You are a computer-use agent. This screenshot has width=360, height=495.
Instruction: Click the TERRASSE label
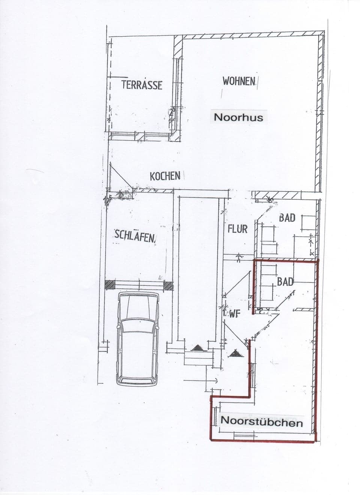pos(142,85)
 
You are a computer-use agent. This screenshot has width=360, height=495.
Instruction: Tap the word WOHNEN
pos(239,81)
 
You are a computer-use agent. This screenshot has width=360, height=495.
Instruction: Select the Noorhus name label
pos(238,117)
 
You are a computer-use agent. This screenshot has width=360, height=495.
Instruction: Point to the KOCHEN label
pos(165,176)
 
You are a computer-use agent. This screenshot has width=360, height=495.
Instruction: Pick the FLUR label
pos(237,229)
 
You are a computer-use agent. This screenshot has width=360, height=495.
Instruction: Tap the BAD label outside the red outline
pos(287,218)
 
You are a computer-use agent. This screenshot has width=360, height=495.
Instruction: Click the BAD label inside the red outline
pos(285,281)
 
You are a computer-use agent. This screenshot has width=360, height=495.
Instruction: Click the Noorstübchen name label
pos(262,422)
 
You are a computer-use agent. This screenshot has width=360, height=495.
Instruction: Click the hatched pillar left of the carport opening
pos(109,285)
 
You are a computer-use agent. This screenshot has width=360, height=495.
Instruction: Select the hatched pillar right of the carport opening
pos(169,286)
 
